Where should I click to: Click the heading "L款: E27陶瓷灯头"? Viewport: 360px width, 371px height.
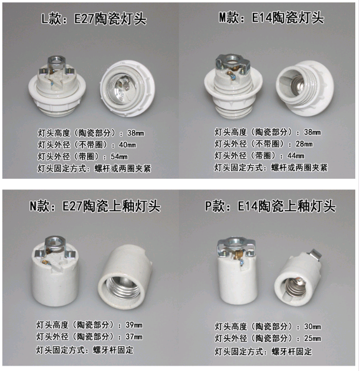(94, 19)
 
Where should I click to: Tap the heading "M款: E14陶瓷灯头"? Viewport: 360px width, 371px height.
(271, 18)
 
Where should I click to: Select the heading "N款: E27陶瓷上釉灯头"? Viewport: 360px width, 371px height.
(95, 206)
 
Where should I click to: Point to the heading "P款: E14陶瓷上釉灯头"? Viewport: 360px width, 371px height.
(270, 206)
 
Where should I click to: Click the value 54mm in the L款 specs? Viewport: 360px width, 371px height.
(119, 156)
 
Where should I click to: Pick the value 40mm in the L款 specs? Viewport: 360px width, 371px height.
(128, 145)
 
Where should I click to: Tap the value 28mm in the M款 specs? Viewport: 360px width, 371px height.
(304, 143)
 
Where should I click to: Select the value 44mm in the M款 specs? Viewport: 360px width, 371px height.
(296, 155)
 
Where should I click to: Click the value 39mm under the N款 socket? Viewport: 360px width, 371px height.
(134, 325)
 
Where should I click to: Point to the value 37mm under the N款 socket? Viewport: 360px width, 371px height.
(134, 336)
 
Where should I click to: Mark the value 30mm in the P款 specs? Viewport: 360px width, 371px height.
(312, 326)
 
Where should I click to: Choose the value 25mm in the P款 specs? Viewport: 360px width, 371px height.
(312, 338)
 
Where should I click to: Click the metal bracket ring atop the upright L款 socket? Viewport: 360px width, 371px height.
(56, 62)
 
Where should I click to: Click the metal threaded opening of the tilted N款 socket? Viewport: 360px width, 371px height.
(122, 287)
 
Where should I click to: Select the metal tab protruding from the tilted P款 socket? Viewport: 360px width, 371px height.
(316, 255)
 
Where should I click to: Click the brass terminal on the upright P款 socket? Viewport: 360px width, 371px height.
(237, 255)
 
